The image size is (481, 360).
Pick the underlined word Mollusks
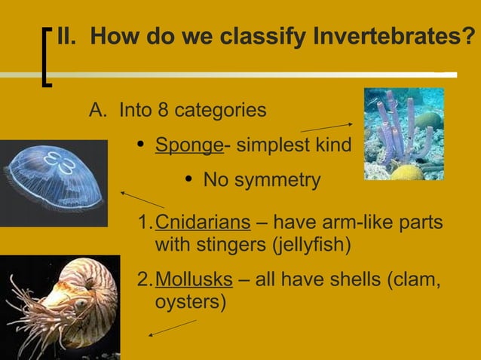click(193, 280)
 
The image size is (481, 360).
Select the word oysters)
click(189, 302)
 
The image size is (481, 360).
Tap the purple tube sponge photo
click(403, 134)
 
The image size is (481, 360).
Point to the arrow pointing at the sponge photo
click(326, 127)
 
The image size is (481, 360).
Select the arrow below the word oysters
click(172, 328)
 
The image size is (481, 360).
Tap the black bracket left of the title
click(46, 57)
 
